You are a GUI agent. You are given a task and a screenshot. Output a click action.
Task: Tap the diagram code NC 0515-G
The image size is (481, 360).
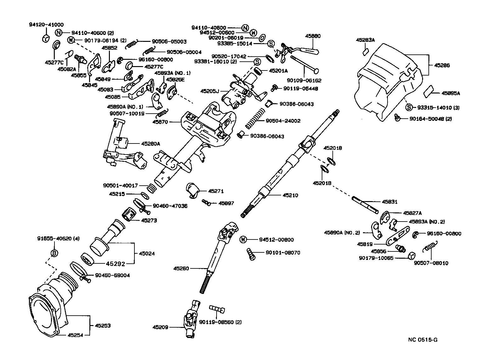[x=423, y=340]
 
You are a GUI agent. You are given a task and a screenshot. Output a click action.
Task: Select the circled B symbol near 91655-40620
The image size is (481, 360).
[x=54, y=253]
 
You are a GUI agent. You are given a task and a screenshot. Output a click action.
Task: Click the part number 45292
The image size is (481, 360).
[x=115, y=264]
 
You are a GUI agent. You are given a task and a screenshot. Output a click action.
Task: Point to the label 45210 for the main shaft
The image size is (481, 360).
[x=290, y=195]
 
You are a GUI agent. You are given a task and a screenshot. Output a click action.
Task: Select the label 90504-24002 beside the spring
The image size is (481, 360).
[x=283, y=121]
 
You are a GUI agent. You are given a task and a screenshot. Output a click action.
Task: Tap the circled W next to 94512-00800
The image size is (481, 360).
[x=243, y=240]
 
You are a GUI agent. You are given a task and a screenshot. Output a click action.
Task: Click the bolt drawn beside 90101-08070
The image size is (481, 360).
[x=251, y=254]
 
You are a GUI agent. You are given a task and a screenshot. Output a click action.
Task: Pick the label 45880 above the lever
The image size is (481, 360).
[x=313, y=36]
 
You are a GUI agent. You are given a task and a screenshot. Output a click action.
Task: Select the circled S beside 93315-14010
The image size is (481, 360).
[x=409, y=107]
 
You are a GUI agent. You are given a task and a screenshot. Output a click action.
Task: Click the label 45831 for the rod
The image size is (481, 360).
[x=389, y=202]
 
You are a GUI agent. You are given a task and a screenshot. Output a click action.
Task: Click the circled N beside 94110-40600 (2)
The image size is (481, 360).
[x=59, y=32]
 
